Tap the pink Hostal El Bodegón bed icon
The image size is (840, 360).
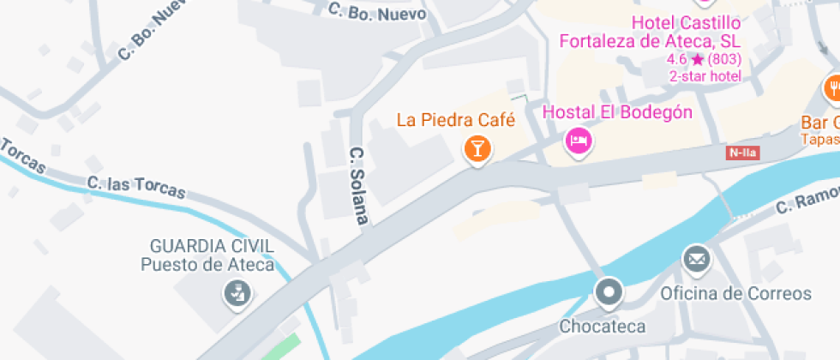579,141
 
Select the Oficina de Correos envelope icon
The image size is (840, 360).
696,258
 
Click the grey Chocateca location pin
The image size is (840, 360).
609,293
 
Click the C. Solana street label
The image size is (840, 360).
358,185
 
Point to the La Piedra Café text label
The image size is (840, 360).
455,119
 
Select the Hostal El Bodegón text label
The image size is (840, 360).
618,112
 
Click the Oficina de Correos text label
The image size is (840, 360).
735,294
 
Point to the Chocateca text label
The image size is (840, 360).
602,327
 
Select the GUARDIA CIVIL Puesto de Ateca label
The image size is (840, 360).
208,255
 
